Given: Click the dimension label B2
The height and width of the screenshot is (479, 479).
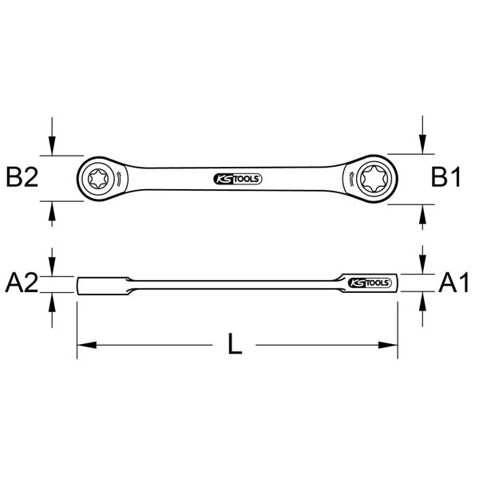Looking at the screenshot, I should pyautogui.click(x=22, y=177).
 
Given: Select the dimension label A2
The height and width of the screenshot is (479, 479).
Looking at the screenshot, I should pyautogui.click(x=22, y=283).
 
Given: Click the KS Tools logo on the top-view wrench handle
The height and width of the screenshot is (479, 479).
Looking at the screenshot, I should pyautogui.click(x=238, y=178).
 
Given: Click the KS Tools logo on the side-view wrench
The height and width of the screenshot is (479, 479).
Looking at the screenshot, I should pyautogui.click(x=367, y=283).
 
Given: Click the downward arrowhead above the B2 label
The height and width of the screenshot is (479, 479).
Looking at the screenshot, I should pyautogui.click(x=52, y=148).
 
